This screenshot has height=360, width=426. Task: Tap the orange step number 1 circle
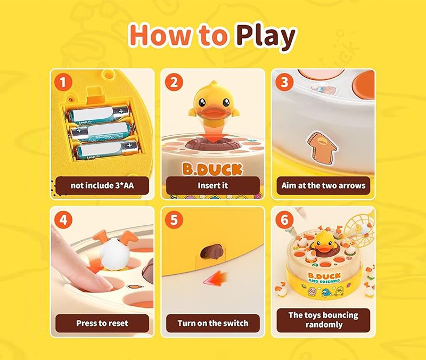[x=63, y=83]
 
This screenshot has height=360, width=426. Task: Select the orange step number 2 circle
[x=174, y=83]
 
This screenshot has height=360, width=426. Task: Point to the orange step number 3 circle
[x=284, y=83]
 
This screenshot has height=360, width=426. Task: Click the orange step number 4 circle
[x=63, y=220]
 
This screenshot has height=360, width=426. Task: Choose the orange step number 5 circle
[x=174, y=220]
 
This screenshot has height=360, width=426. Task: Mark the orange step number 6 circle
[x=284, y=220]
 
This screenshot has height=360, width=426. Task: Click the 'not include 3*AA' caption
[x=102, y=185]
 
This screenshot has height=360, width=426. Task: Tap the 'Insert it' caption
[x=212, y=185]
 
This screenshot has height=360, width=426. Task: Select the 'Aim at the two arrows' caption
[x=323, y=185]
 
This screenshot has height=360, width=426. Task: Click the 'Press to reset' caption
[x=102, y=323]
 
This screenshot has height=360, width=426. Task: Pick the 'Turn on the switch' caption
[x=212, y=323]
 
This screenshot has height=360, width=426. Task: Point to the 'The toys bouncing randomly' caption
[x=323, y=320]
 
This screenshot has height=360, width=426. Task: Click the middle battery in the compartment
[x=103, y=132]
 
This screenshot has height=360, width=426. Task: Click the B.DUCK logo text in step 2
[x=212, y=169]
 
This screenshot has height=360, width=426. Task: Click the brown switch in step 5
[x=212, y=251]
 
